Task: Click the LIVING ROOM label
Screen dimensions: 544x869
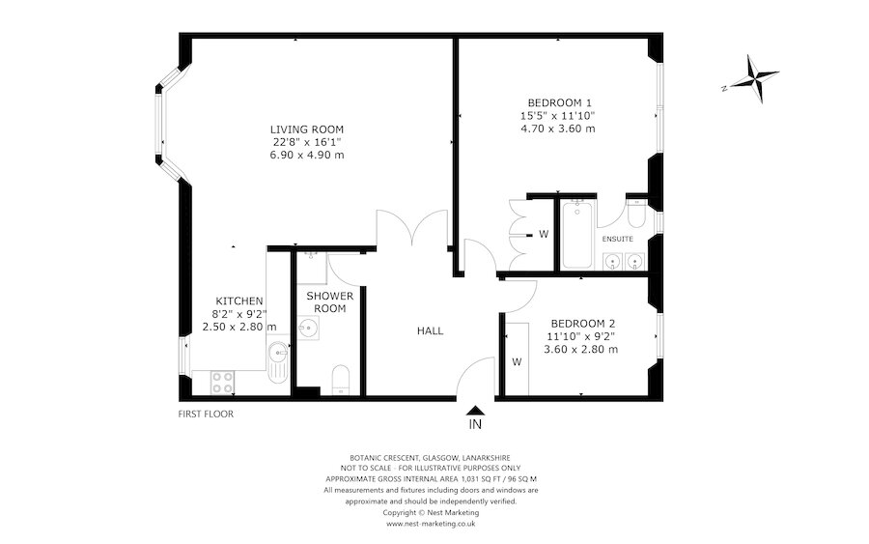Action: coord(307,129)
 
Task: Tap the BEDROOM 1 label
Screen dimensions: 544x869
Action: coord(559,102)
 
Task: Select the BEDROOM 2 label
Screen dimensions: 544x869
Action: coord(582,324)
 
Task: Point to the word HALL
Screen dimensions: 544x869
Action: coord(430,331)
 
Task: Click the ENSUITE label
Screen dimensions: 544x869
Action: coord(617,238)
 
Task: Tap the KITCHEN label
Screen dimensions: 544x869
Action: coord(239,301)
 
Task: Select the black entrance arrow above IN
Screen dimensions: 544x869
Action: coord(474,410)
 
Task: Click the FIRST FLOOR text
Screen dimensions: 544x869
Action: coord(206,415)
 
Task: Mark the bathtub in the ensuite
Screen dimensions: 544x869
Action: coord(576,234)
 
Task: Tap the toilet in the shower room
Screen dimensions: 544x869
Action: coord(340,379)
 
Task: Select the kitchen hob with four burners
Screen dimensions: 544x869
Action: coord(221,382)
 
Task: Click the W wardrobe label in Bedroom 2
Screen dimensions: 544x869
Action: coord(517,362)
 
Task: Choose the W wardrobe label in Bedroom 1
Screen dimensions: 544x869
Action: coord(544,234)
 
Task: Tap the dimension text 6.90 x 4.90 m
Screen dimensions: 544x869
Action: coord(307,155)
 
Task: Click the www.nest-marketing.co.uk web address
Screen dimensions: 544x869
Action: coord(430,524)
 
